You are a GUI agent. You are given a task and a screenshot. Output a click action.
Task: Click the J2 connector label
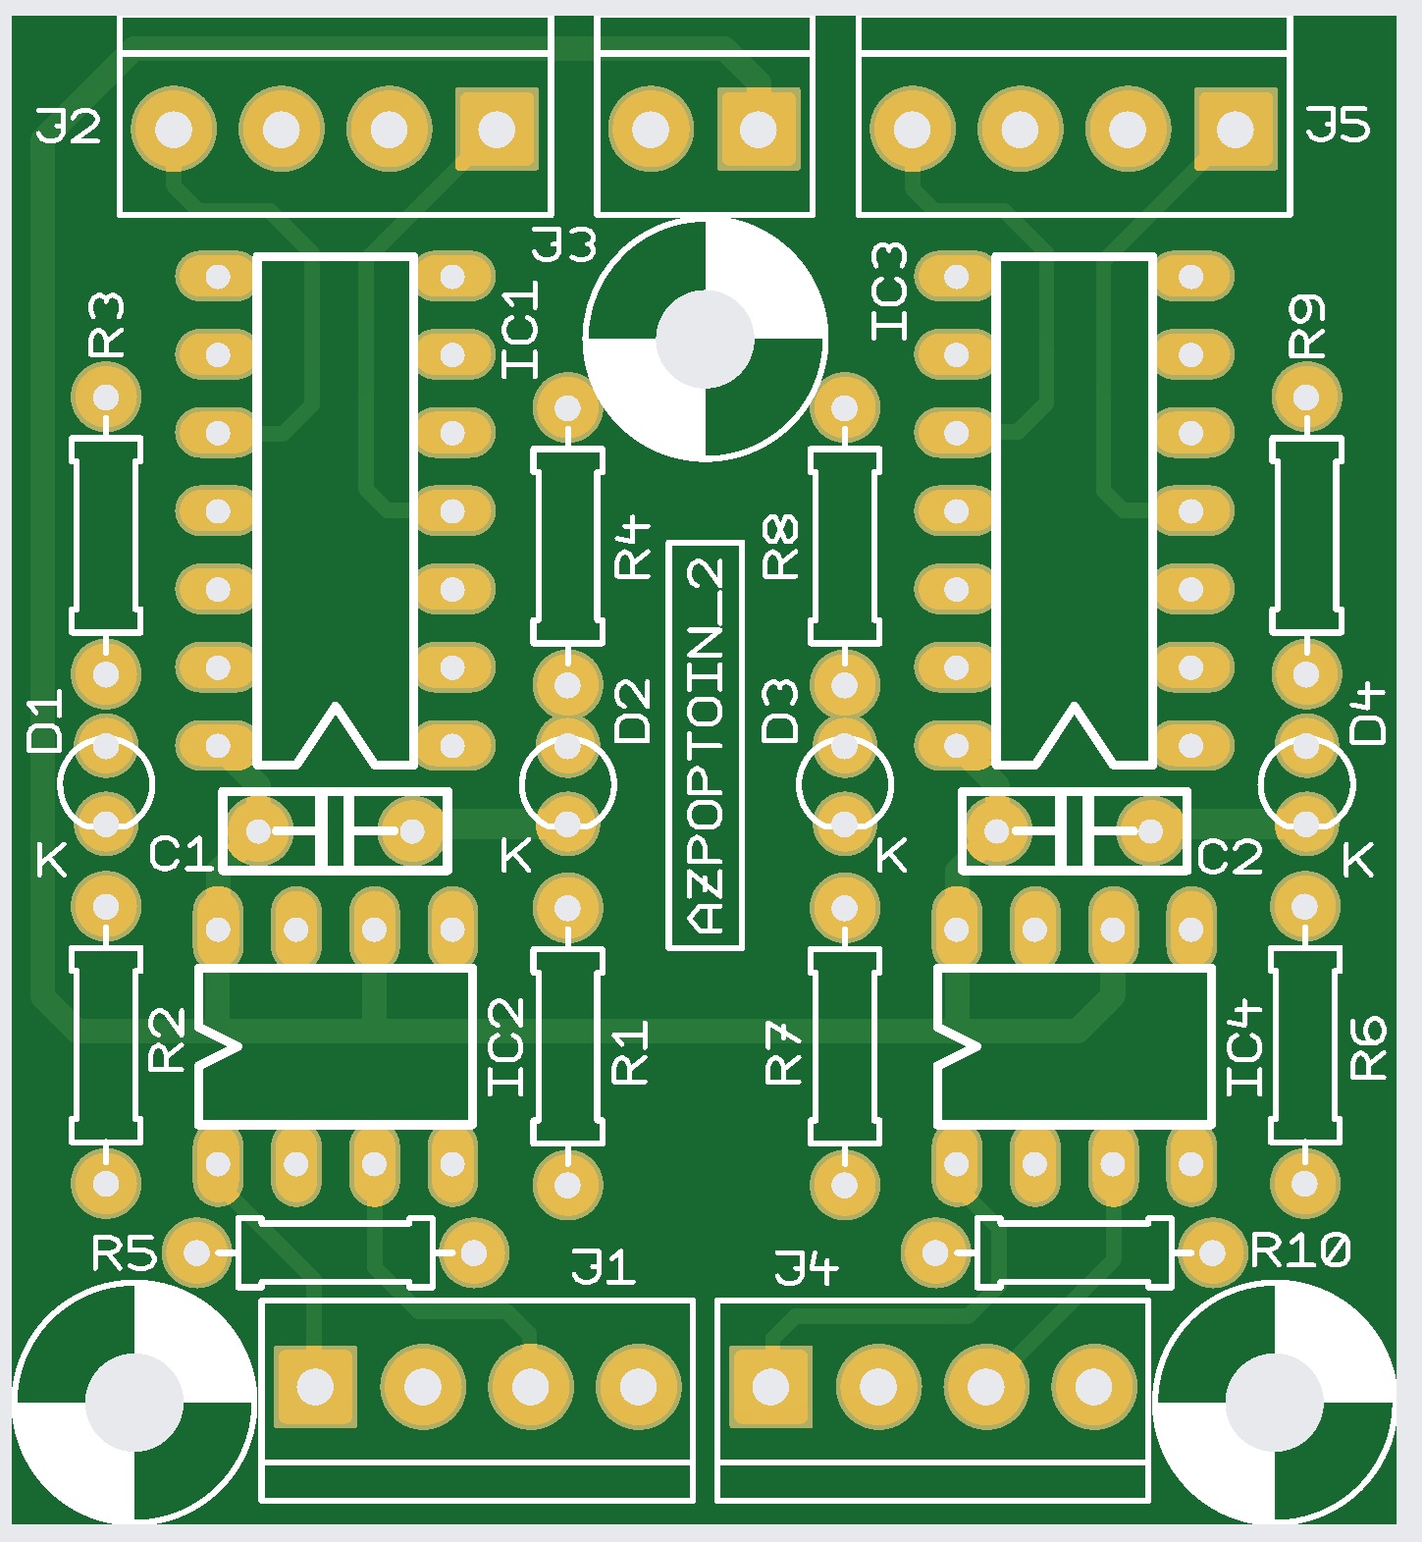click(69, 128)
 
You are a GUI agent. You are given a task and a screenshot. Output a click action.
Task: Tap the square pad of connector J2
click(497, 129)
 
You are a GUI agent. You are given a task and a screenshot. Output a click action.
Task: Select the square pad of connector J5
click(1235, 129)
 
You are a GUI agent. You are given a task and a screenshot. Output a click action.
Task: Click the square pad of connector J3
click(758, 129)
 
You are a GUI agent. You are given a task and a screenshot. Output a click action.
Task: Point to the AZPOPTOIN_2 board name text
click(706, 746)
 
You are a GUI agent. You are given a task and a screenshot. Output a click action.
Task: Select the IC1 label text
click(520, 330)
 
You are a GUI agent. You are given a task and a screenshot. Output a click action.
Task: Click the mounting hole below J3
click(705, 339)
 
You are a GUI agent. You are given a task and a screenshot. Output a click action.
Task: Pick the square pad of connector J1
click(316, 1387)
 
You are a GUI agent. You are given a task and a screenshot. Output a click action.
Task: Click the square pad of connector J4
click(769, 1387)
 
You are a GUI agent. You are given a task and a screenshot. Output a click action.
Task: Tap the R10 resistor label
click(1301, 1251)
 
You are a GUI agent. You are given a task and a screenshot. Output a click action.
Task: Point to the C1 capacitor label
click(181, 856)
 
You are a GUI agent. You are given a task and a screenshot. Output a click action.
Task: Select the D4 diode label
click(1368, 715)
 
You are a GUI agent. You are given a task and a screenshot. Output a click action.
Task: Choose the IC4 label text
click(1246, 1048)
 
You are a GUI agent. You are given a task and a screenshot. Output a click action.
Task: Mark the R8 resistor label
click(782, 547)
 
